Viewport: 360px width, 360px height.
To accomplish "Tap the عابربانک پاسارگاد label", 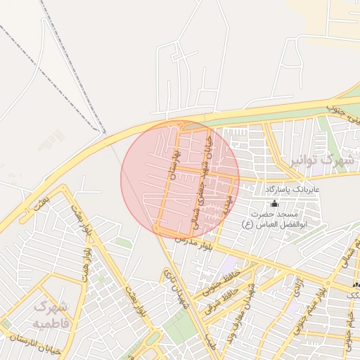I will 292,190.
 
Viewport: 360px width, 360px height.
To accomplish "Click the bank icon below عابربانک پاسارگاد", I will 274,203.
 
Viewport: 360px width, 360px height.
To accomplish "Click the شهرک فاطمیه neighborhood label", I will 51,314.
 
